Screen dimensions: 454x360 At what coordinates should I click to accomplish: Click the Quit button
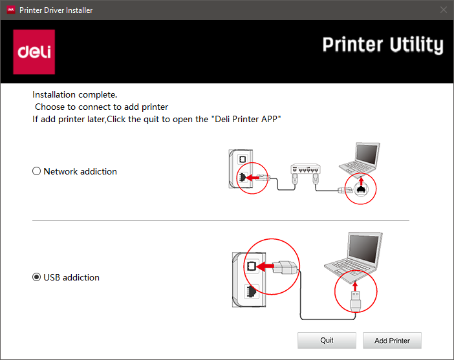pyautogui.click(x=327, y=341)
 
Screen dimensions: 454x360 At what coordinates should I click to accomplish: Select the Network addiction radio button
pyautogui.click(x=36, y=171)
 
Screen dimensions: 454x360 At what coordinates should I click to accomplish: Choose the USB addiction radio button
pyautogui.click(x=36, y=277)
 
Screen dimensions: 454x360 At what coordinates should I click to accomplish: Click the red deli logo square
pyautogui.click(x=34, y=52)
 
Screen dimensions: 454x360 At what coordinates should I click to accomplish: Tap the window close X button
pyautogui.click(x=443, y=10)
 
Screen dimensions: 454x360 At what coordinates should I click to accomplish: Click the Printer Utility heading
pyautogui.click(x=383, y=45)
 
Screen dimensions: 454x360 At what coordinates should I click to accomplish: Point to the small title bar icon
pyautogui.click(x=11, y=10)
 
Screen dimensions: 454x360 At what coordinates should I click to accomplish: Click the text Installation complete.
pyautogui.click(x=75, y=94)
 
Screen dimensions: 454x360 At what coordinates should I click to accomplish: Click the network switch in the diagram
pyautogui.click(x=305, y=169)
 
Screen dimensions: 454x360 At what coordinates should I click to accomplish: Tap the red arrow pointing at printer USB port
pyautogui.click(x=265, y=266)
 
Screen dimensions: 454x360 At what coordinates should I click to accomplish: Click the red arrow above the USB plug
pyautogui.click(x=355, y=285)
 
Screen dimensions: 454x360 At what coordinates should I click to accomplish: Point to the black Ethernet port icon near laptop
pyautogui.click(x=361, y=189)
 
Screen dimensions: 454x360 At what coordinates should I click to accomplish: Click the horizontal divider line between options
pyautogui.click(x=221, y=220)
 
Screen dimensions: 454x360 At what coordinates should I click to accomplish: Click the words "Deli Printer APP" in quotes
pyautogui.click(x=248, y=119)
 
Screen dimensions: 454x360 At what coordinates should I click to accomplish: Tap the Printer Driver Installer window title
pyautogui.click(x=56, y=10)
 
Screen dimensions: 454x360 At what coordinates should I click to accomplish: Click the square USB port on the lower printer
pyautogui.click(x=252, y=266)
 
